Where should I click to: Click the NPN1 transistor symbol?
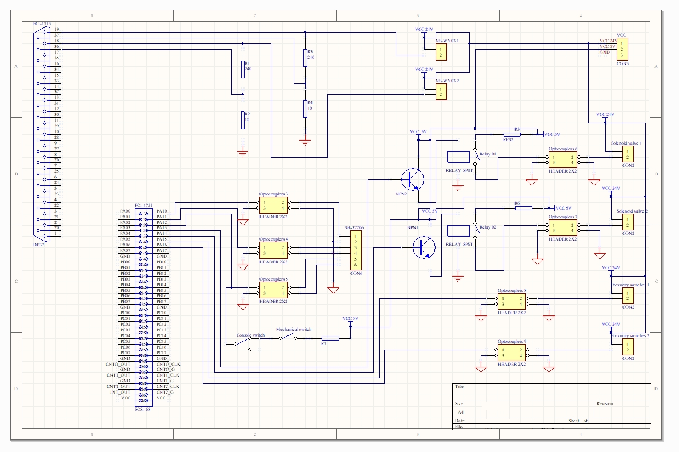click(424, 247)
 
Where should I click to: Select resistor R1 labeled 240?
click(243, 69)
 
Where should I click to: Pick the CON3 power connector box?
click(622, 50)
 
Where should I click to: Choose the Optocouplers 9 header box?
click(512, 353)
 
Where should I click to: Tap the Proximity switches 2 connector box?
click(628, 347)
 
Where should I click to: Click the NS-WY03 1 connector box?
click(441, 53)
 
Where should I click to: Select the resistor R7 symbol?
click(330, 338)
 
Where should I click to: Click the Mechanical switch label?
click(294, 330)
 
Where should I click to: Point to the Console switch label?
click(250, 335)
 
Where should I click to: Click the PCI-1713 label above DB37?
click(42, 25)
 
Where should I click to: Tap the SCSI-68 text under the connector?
click(142, 409)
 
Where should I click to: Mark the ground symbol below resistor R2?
click(243, 153)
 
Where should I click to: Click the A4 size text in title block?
click(461, 411)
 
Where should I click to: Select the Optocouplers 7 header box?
click(562, 227)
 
